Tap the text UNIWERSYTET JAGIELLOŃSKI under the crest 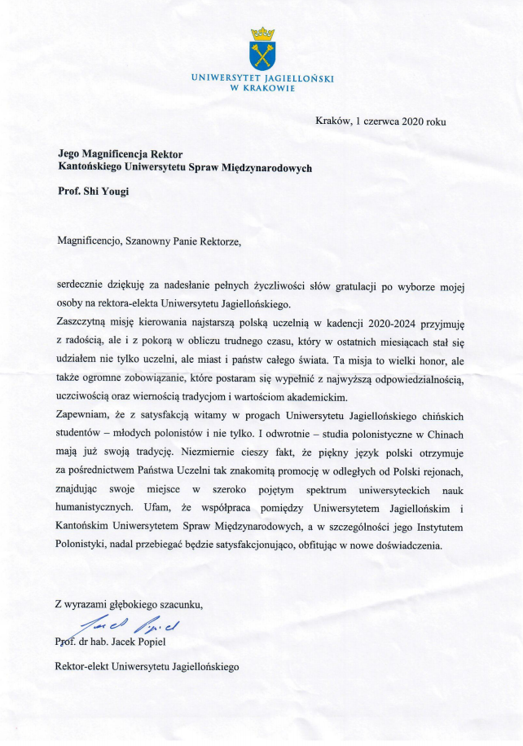(262, 78)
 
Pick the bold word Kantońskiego (94, 167)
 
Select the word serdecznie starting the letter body (82, 286)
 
